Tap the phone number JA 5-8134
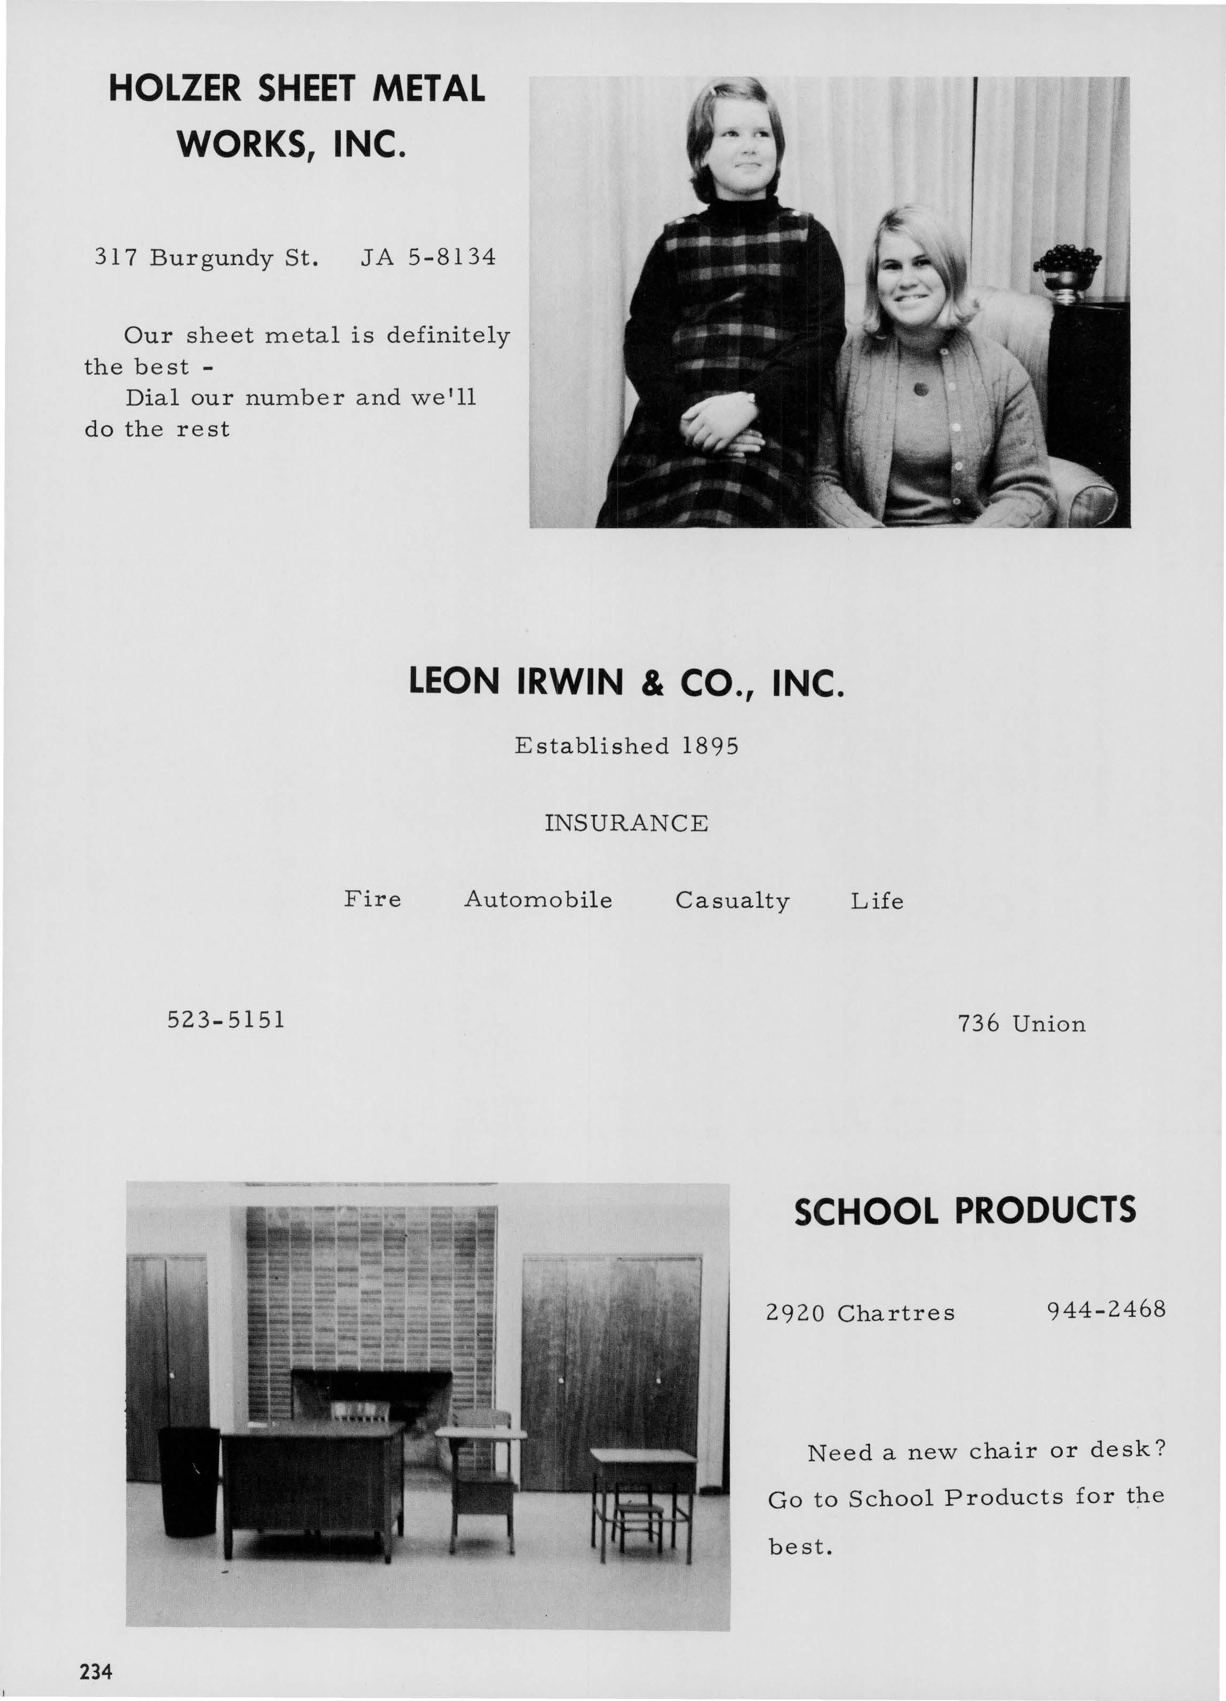click(x=428, y=258)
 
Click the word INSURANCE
click(x=626, y=823)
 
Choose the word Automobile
click(x=539, y=899)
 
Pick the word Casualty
click(x=733, y=901)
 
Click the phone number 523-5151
click(x=226, y=1020)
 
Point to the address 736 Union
click(x=1021, y=1024)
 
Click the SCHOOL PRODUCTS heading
click(x=964, y=1211)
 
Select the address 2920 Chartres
click(x=860, y=1313)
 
